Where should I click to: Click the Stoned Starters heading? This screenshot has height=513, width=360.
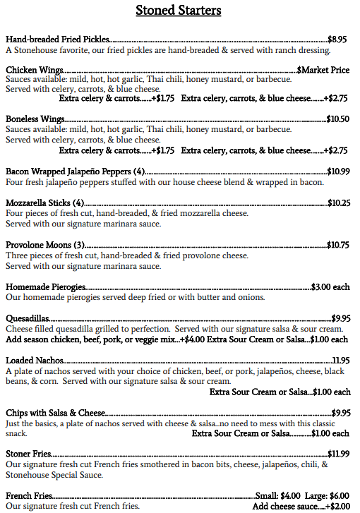point(179,11)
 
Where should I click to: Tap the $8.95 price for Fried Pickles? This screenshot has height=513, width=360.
point(337,40)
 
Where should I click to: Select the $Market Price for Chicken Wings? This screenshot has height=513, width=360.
point(323,70)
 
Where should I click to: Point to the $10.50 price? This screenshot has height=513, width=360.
point(338,119)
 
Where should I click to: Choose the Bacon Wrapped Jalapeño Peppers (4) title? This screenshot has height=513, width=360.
point(76,171)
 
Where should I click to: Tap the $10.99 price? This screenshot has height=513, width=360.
point(339,171)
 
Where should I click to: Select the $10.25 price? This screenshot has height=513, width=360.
point(339,203)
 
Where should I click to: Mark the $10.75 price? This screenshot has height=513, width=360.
point(339,245)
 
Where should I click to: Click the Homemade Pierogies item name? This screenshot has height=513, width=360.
point(46,287)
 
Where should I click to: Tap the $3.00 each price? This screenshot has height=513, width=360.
point(330,287)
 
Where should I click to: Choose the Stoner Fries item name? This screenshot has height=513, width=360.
point(28,454)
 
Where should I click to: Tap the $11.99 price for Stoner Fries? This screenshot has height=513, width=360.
point(339,454)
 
